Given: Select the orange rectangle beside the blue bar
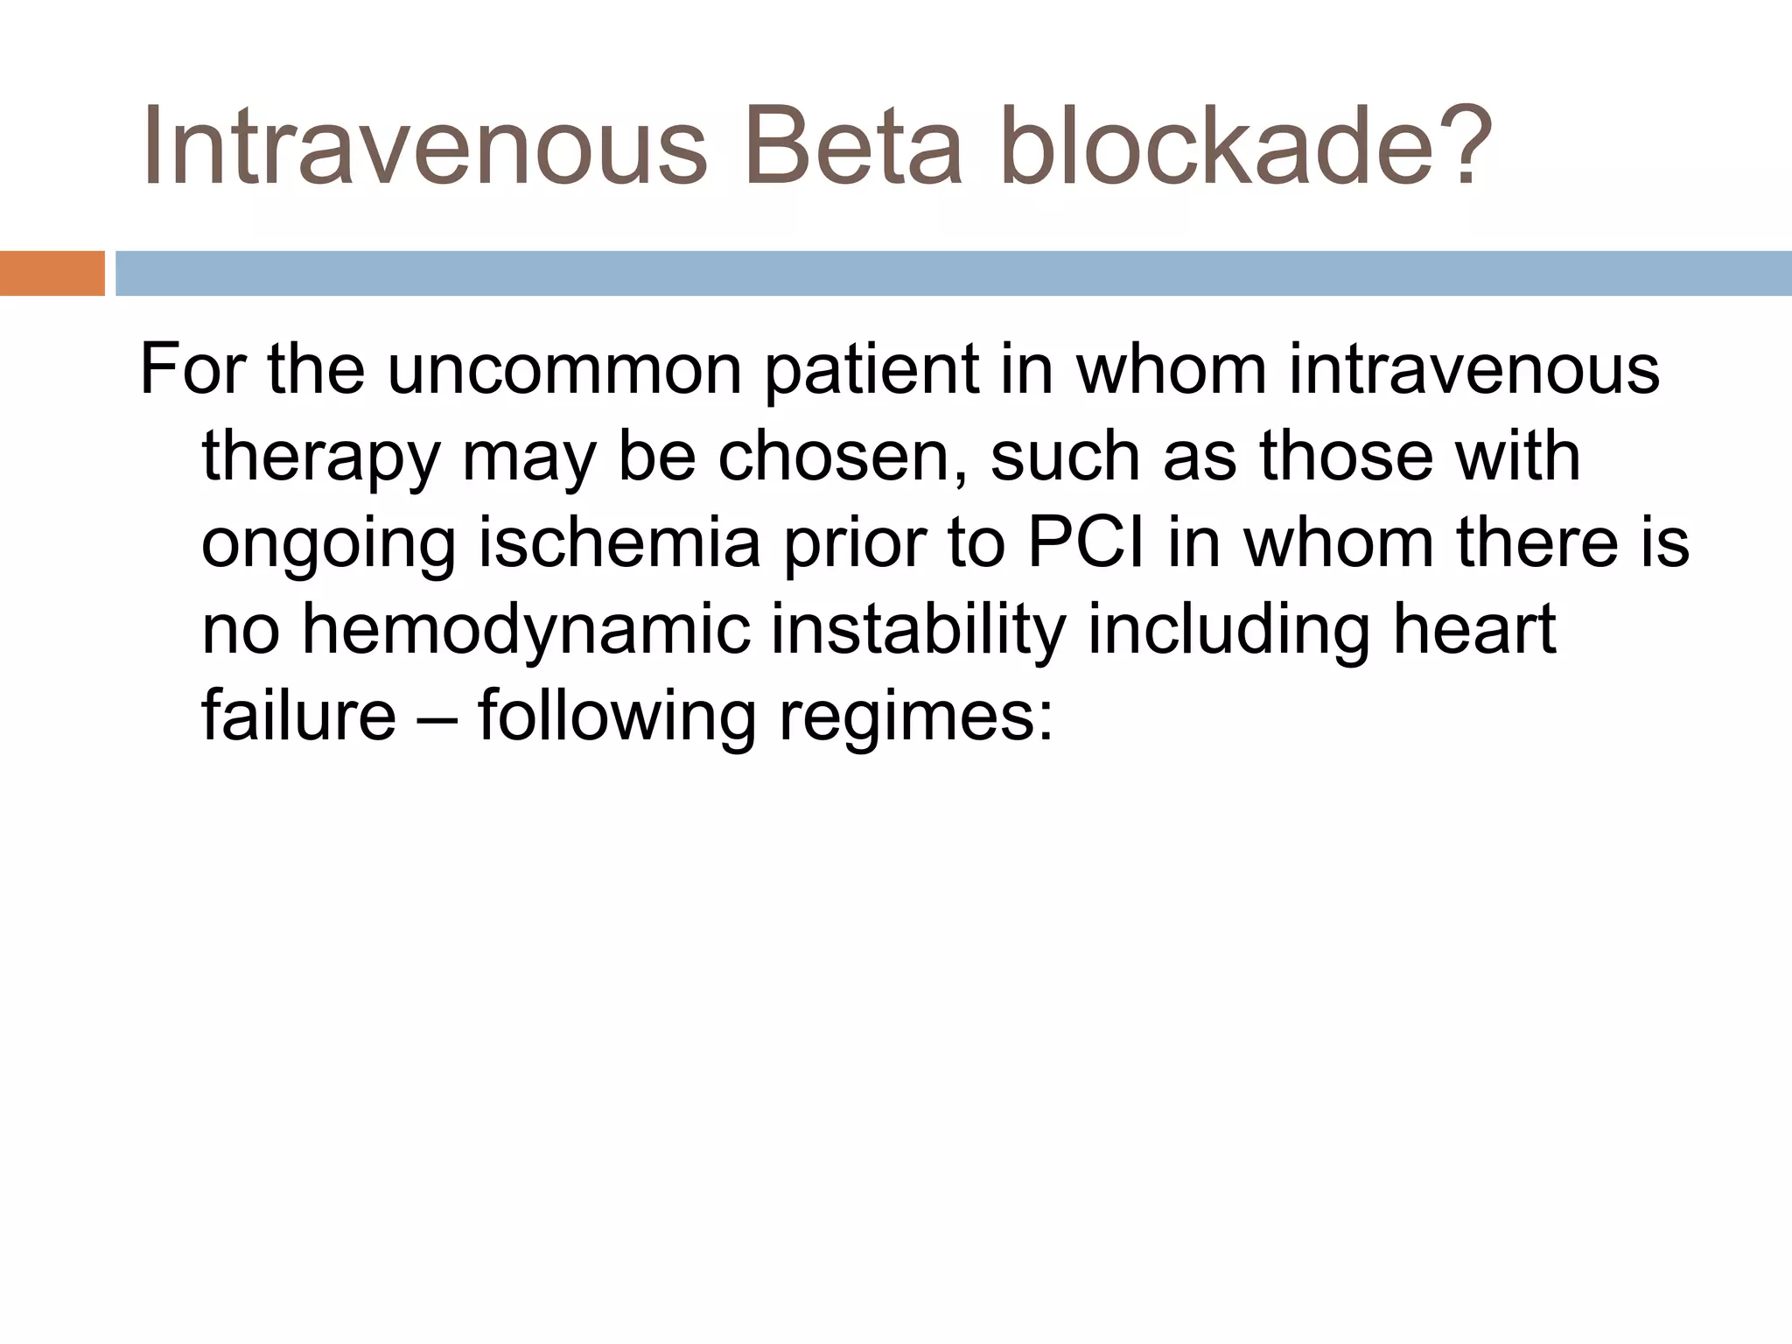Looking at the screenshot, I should click(x=52, y=273).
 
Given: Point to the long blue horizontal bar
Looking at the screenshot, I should click(x=953, y=273).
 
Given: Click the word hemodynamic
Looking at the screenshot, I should click(x=526, y=630).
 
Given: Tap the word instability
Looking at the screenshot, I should click(x=918, y=630).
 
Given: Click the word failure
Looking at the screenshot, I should click(x=298, y=716).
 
